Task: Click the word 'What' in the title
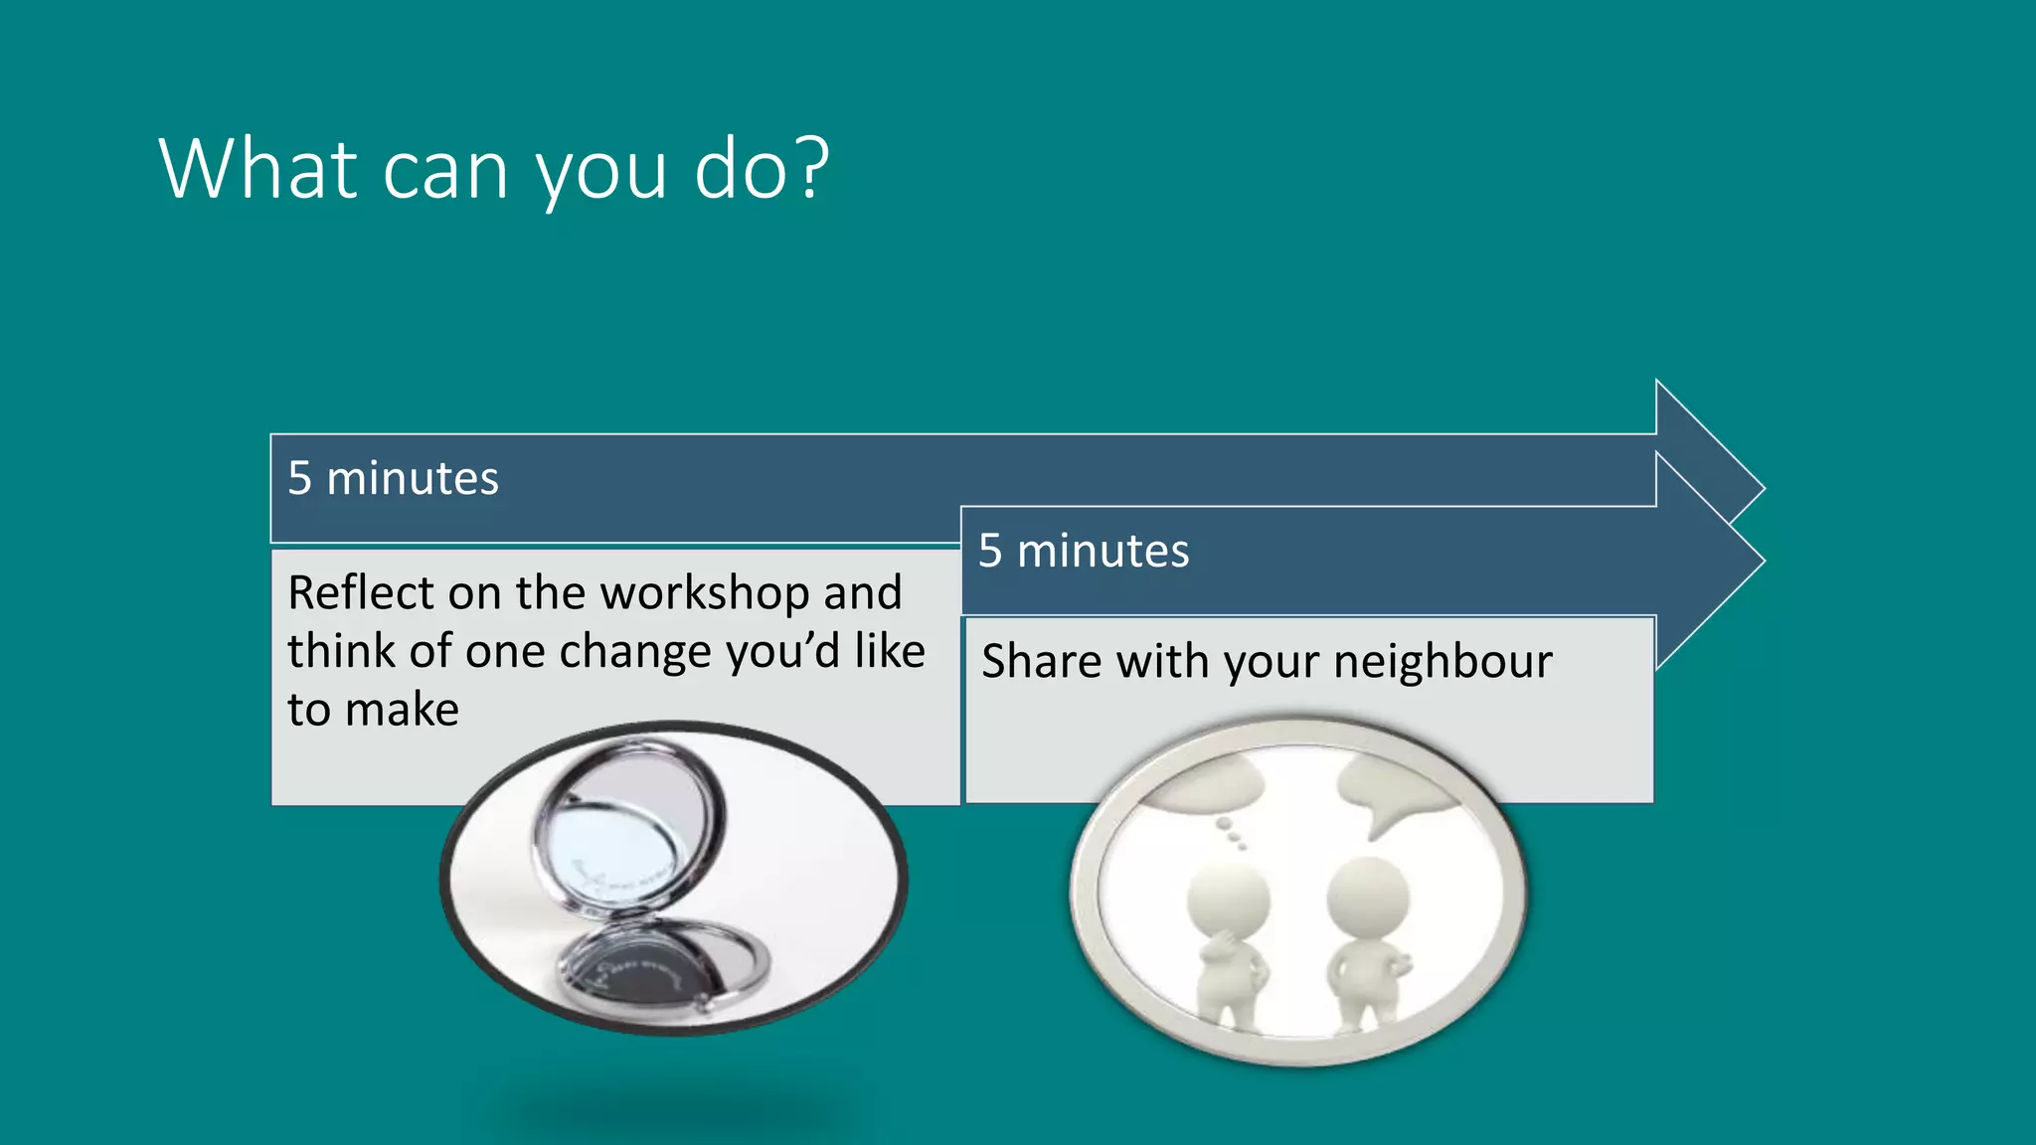[257, 169]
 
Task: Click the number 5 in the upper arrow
[299, 478]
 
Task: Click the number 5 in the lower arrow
[990, 551]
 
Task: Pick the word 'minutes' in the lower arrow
[1103, 551]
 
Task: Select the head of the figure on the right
[1368, 895]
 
